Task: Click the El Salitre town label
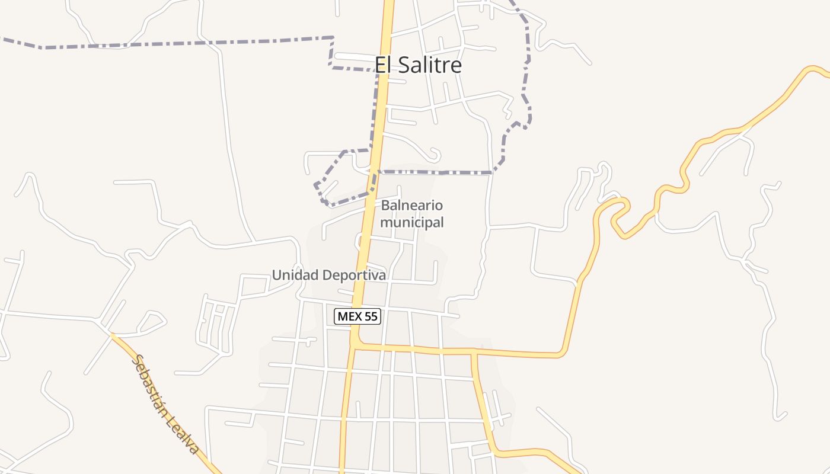(x=418, y=65)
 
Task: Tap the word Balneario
(x=412, y=206)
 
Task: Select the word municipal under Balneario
(x=412, y=223)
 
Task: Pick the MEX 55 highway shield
(x=357, y=316)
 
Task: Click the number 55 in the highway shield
(x=371, y=316)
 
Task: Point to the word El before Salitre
(x=383, y=65)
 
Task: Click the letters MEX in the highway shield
(x=349, y=316)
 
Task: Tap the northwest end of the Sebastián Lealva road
(x=112, y=335)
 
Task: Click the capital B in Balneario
(x=385, y=206)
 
